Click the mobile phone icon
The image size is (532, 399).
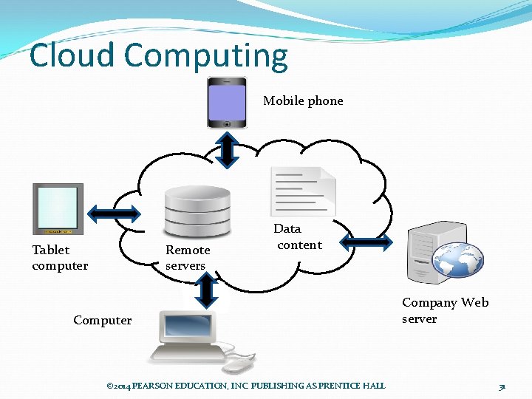point(227,103)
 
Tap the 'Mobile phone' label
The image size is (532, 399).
point(303,101)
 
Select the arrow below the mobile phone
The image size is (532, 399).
point(228,150)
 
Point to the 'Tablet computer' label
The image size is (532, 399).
point(60,258)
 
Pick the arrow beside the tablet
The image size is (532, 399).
point(114,214)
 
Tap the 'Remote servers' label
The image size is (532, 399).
point(188,258)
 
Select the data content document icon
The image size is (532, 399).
point(303,191)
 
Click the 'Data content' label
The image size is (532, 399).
point(297,237)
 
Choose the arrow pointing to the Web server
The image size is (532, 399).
point(367,242)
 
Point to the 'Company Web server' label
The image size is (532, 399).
point(445,310)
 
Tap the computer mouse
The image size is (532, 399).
point(238,364)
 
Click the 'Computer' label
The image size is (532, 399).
point(103,320)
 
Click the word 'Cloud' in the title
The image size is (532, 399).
point(72,56)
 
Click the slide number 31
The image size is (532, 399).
point(502,386)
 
